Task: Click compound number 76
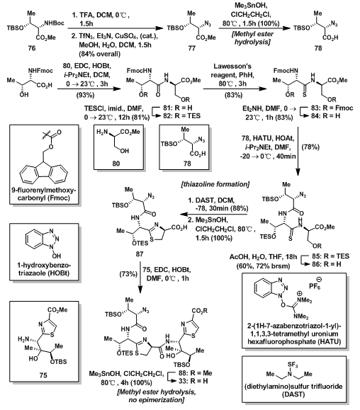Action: click(32, 48)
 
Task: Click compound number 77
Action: click(192, 48)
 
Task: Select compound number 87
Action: click(140, 254)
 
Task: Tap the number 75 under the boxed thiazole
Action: click(43, 375)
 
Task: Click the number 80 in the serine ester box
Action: click(116, 164)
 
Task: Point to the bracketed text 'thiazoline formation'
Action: click(215, 184)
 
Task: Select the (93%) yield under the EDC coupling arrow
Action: click(85, 95)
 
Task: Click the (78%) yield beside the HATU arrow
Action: click(310, 147)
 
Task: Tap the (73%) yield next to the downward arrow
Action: click(128, 274)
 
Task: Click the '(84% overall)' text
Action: click(99, 54)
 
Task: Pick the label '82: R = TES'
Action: click(182, 116)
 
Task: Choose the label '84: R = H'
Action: click(325, 116)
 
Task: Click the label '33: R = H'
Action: click(193, 381)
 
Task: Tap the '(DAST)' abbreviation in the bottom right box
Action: click(293, 394)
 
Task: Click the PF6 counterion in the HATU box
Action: click(315, 285)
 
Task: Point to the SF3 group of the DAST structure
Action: click(293, 365)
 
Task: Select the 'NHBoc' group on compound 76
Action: click(54, 23)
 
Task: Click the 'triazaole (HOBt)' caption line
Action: click(44, 274)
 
